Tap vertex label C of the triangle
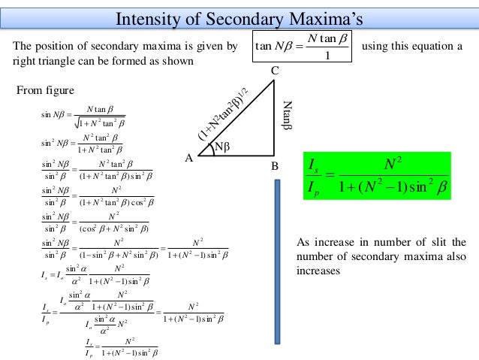pos(276,70)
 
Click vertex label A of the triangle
pos(188,159)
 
